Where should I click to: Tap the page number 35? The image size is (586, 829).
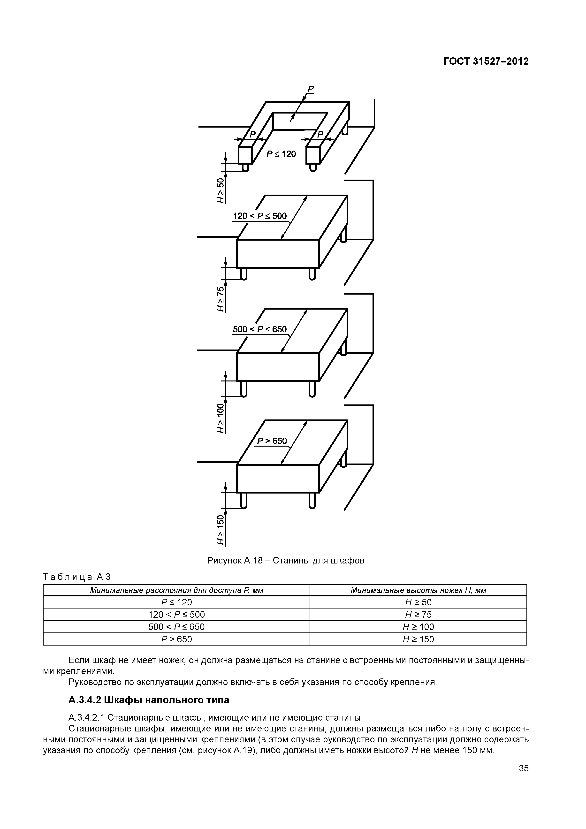point(523,778)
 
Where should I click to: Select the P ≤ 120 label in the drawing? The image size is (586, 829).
point(281,154)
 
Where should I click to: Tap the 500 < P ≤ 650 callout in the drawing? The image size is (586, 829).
point(260,329)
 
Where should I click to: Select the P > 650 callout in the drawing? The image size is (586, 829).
point(272,441)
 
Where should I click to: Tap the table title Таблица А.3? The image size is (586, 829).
point(76,577)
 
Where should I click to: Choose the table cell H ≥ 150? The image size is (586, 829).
point(418,639)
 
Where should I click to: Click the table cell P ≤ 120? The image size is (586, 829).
point(176,602)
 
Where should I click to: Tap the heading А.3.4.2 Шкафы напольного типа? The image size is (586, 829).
point(149,700)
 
